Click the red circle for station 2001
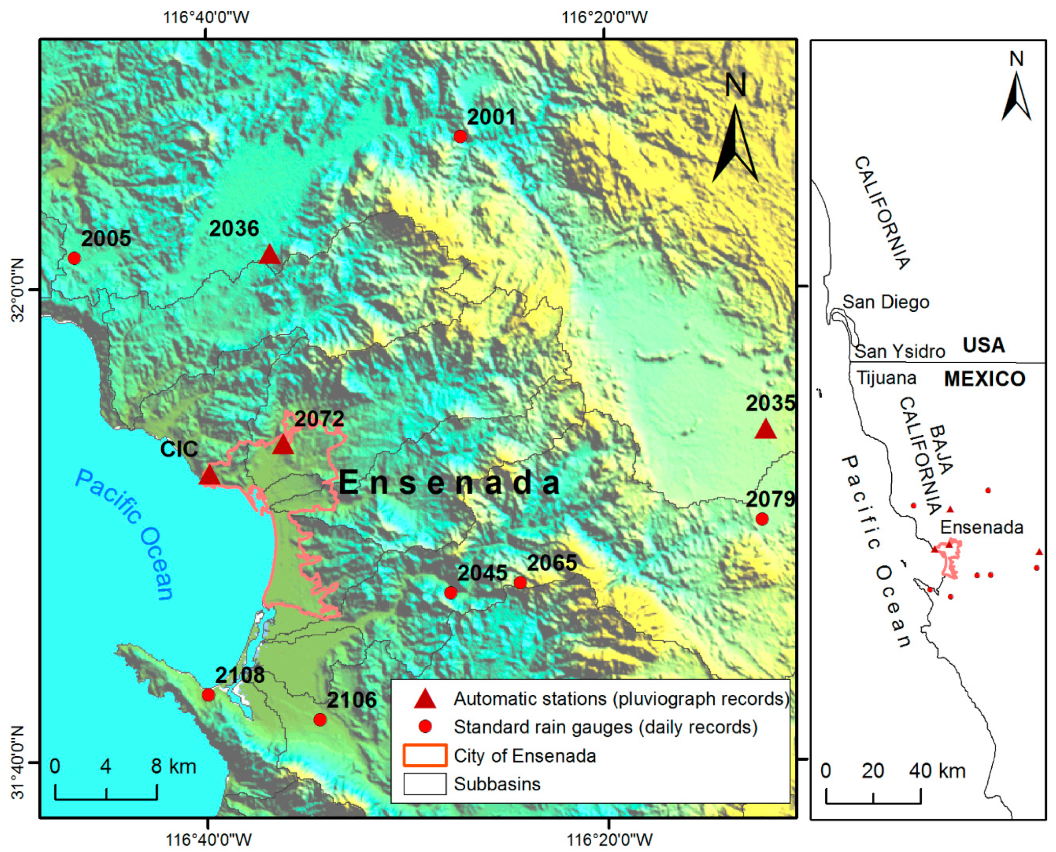460,137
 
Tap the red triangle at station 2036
269,255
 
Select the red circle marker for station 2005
74,258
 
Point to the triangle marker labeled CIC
209,475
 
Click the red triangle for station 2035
765,430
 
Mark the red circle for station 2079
762,519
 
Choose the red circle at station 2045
450,592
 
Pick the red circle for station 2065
520,582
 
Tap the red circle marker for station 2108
208,694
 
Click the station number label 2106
351,700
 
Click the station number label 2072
319,419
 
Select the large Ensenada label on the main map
449,483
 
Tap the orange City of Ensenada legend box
424,756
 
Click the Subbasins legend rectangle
424,784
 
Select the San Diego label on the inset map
885,302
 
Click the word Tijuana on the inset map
886,378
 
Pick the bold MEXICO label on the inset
984,379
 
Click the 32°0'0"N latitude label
18,290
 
